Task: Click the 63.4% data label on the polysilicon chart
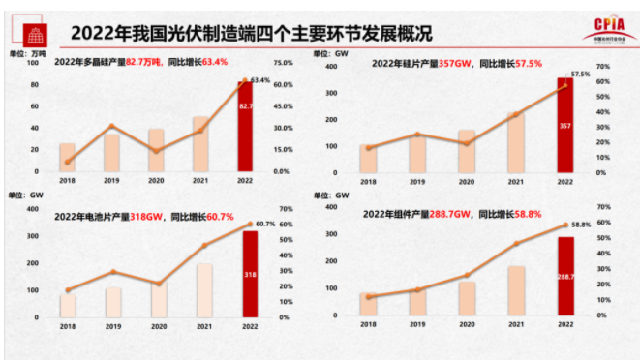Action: coord(260,80)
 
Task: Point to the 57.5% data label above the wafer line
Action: coord(579,74)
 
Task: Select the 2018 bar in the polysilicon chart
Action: coord(67,158)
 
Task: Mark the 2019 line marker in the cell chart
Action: coord(113,272)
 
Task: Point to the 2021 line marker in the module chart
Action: coord(516,243)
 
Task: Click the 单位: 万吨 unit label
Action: coord(28,55)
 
